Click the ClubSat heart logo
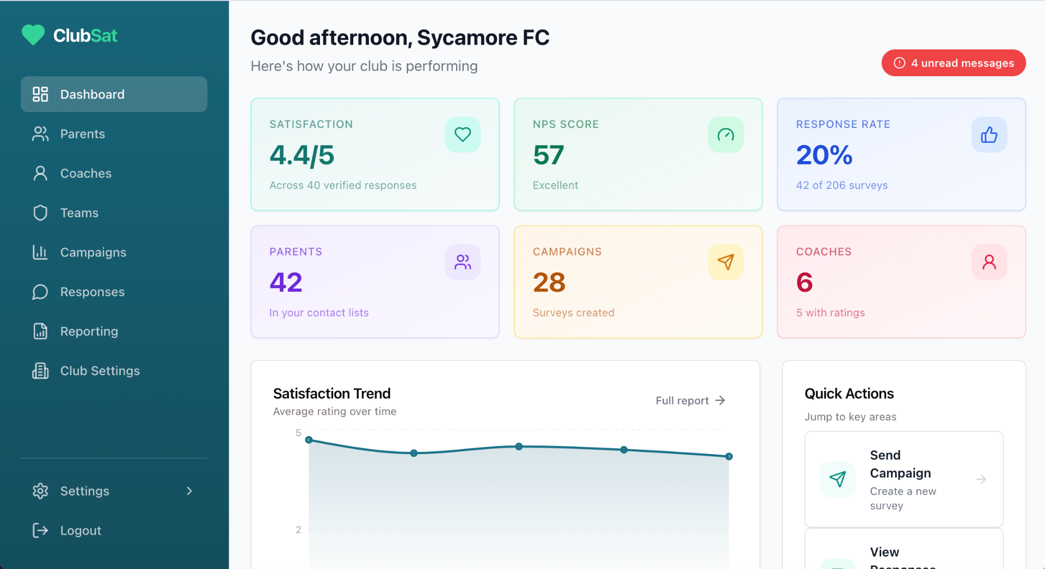tap(33, 35)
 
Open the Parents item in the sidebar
tap(82, 134)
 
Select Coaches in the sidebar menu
tap(85, 174)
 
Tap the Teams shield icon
tap(40, 213)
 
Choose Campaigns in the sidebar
tap(93, 253)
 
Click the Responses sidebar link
tap(92, 292)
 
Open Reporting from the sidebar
tap(89, 332)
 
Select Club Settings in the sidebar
tap(100, 371)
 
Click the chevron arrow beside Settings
tap(189, 491)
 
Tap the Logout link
tap(81, 530)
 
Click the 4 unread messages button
tap(954, 63)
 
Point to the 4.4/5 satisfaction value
tap(302, 155)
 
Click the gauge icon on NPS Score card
tap(726, 134)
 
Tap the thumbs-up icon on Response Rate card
tap(989, 134)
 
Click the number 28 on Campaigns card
tap(549, 283)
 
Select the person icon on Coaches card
tap(989, 262)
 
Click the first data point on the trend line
tap(309, 440)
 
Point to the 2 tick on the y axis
tap(298, 530)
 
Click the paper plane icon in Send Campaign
tap(837, 479)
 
